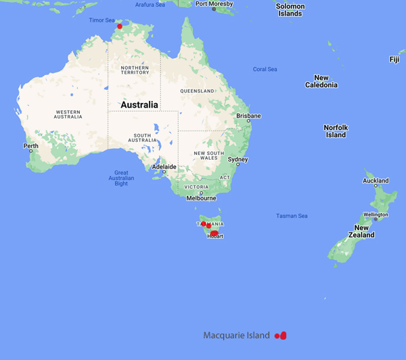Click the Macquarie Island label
(x=236, y=336)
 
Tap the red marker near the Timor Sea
(x=120, y=26)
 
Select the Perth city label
(x=31, y=145)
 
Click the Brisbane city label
(x=248, y=116)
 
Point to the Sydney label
(x=238, y=160)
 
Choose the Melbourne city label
(x=202, y=198)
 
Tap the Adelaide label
(x=164, y=166)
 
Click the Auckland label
(x=376, y=181)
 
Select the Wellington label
(x=376, y=215)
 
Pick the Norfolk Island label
(x=335, y=131)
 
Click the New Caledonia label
(x=321, y=81)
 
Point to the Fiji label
(x=394, y=60)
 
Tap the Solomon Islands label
(x=290, y=9)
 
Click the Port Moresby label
(x=215, y=4)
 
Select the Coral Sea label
(x=265, y=69)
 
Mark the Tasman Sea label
(x=292, y=216)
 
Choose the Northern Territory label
(x=135, y=71)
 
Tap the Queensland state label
(x=197, y=91)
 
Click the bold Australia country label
(x=139, y=105)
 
